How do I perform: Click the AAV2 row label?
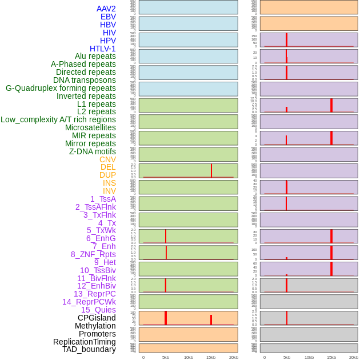tap(106, 9)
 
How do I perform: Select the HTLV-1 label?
tap(103, 49)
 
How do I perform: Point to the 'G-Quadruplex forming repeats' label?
tap(61, 88)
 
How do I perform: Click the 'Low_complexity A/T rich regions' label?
tap(58, 119)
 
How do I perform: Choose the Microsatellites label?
tap(90, 127)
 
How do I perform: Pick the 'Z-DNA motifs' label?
tap(92, 151)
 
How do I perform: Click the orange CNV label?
tap(107, 159)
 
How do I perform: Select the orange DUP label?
tap(107, 175)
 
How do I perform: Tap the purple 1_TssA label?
tap(103, 199)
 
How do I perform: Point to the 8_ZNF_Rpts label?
tap(93, 254)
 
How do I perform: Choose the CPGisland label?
tap(97, 318)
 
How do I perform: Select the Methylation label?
tap(95, 326)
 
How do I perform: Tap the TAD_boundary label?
tap(89, 349)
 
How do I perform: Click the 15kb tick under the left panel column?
tap(211, 357)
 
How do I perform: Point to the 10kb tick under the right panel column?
tap(309, 357)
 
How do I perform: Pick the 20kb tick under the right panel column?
tap(354, 357)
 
